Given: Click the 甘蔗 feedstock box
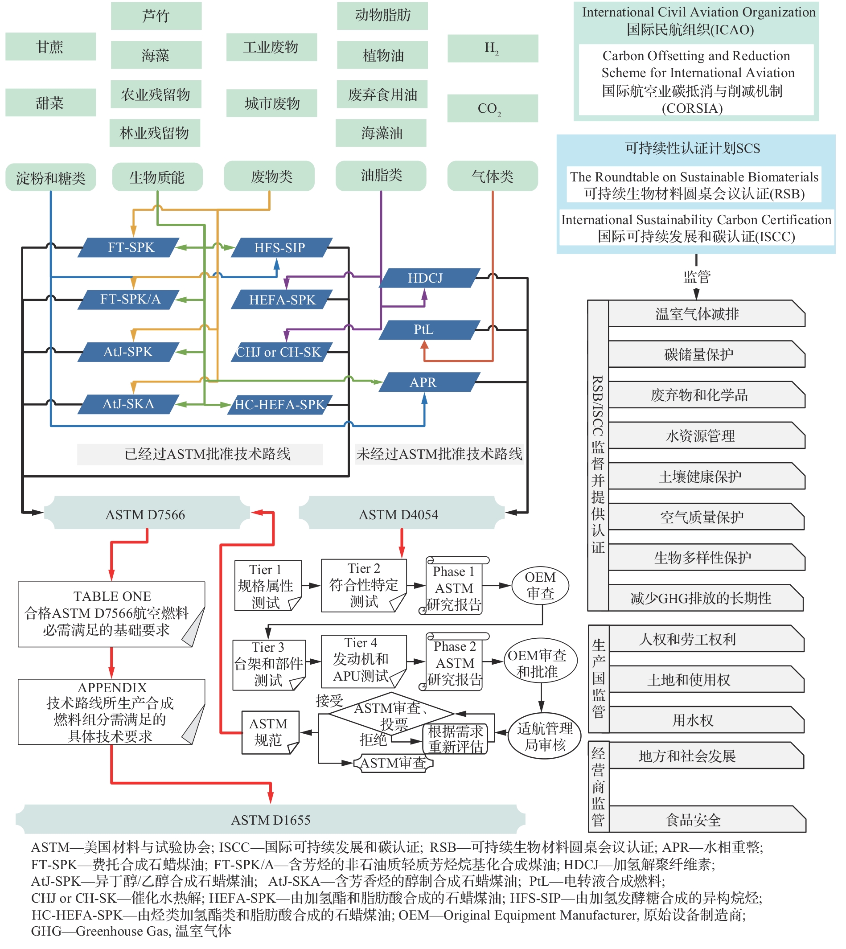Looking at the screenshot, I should (51, 46).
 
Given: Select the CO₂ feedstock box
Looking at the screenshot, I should (492, 108).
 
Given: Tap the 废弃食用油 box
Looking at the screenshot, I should (382, 94).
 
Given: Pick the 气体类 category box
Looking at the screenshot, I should (492, 176).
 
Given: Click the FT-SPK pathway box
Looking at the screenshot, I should (131, 247).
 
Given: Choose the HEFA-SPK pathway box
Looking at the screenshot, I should (282, 300).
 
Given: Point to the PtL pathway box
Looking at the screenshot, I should (424, 329).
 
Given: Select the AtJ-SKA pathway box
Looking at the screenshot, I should (128, 404).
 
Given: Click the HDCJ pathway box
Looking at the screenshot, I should (425, 278).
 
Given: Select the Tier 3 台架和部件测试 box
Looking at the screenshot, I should (268, 664).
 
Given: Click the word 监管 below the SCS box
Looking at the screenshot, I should (696, 277).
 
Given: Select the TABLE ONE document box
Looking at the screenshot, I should (111, 613).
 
